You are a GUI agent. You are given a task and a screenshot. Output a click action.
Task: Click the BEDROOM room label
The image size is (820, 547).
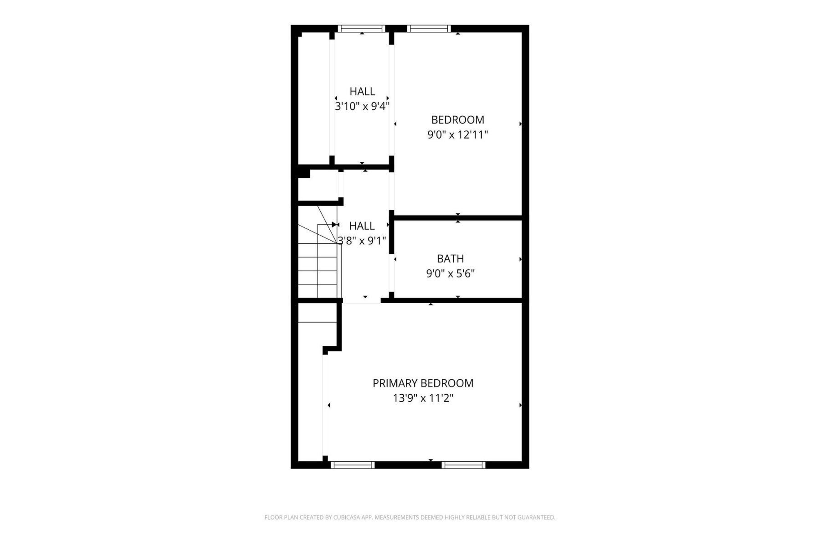click(x=457, y=120)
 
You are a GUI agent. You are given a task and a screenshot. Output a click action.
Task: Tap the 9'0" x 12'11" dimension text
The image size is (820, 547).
click(x=457, y=135)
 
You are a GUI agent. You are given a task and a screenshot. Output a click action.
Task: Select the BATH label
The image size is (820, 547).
click(x=450, y=259)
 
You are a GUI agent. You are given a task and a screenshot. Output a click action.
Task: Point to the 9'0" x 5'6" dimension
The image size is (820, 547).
click(x=450, y=274)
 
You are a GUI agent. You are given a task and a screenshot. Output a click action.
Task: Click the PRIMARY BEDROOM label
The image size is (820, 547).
click(x=423, y=383)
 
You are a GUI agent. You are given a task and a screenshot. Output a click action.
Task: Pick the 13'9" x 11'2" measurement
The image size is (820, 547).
click(x=423, y=398)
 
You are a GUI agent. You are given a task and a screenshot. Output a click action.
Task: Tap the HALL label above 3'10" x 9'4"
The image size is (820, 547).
click(x=362, y=92)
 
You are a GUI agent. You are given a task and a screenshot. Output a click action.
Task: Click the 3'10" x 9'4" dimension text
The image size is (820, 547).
click(x=362, y=107)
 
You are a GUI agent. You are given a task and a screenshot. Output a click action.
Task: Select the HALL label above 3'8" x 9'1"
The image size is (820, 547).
click(x=362, y=226)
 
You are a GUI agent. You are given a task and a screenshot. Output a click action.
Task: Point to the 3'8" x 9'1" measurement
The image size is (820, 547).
click(x=362, y=241)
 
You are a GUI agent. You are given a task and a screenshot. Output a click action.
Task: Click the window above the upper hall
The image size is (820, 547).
click(x=362, y=29)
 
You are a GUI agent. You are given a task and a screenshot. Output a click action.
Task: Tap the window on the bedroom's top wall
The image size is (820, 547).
click(x=429, y=29)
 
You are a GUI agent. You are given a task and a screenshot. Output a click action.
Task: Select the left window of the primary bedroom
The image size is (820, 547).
click(x=353, y=465)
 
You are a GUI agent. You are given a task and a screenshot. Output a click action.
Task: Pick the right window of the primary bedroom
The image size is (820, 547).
click(x=463, y=465)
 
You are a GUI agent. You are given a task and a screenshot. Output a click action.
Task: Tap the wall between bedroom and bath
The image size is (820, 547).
click(x=457, y=218)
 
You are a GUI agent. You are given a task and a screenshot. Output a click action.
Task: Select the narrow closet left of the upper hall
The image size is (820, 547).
click(x=314, y=98)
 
